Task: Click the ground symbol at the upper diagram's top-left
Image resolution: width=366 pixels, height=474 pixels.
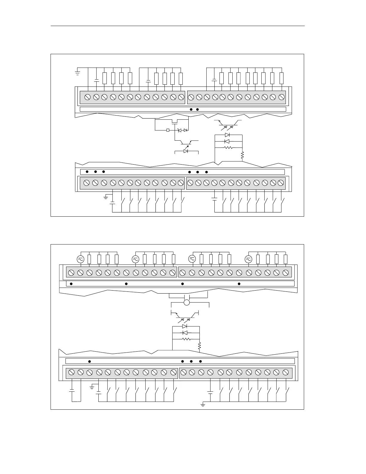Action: pyautogui.click(x=77, y=72)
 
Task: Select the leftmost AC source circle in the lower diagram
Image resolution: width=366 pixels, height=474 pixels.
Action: pyautogui.click(x=80, y=259)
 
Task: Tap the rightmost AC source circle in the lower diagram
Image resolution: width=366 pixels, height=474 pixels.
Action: pyautogui.click(x=248, y=259)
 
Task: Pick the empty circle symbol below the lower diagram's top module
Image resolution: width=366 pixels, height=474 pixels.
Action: pyautogui.click(x=187, y=303)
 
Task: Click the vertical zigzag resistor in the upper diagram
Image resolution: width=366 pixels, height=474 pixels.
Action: pyautogui.click(x=243, y=155)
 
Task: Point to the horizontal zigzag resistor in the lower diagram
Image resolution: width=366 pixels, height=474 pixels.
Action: pyautogui.click(x=186, y=339)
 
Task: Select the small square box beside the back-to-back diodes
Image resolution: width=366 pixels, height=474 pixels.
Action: pyautogui.click(x=168, y=130)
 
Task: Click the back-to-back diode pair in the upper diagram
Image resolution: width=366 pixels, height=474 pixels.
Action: pyautogui.click(x=182, y=130)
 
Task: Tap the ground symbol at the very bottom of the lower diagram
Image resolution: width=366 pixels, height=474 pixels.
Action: pyautogui.click(x=203, y=405)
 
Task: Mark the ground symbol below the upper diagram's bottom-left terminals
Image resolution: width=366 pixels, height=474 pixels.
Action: pyautogui.click(x=106, y=197)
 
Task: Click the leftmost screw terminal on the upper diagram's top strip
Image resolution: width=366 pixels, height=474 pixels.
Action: pyautogui.click(x=88, y=97)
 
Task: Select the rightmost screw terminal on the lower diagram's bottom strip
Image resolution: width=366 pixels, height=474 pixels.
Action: pyautogui.click(x=286, y=372)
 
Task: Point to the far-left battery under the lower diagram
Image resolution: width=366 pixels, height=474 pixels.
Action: pyautogui.click(x=72, y=391)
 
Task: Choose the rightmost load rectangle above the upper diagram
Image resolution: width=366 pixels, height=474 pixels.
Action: pyautogui.click(x=281, y=78)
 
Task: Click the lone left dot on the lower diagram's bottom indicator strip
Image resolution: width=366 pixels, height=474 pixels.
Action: pyautogui.click(x=90, y=361)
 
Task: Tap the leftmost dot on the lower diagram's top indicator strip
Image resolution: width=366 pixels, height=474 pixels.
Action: pyautogui.click(x=71, y=284)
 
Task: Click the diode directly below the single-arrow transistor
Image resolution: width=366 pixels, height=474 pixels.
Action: pyautogui.click(x=186, y=151)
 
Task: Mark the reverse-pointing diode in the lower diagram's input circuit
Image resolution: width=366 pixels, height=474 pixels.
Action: pyautogui.click(x=185, y=333)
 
